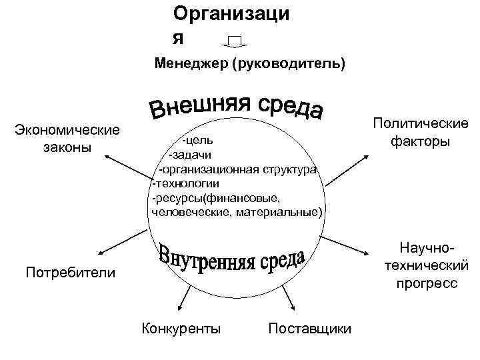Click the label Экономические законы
tap(67, 138)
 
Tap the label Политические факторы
tap(421, 133)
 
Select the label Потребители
tap(69, 272)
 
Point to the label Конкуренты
tap(182, 328)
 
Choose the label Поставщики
tap(309, 328)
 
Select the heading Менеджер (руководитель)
tap(250, 65)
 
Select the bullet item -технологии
tap(186, 183)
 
